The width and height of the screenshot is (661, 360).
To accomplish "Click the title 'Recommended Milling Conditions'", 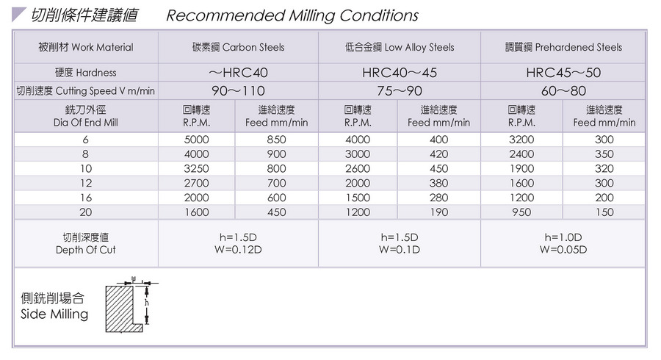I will click(292, 15).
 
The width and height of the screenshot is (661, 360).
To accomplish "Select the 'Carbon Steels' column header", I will click(238, 47).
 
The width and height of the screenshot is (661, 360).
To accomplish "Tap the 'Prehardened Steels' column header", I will click(563, 47).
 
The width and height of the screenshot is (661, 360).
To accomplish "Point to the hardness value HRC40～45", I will click(399, 73).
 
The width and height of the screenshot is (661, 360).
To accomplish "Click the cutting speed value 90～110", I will click(238, 91).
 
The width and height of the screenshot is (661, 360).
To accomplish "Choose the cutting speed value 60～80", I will click(563, 91).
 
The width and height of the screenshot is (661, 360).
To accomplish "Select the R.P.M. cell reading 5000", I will click(196, 140).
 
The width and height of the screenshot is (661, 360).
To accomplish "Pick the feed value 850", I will click(276, 140).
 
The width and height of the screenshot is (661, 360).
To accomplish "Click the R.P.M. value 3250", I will click(196, 168).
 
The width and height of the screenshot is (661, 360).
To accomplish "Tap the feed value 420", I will click(438, 154).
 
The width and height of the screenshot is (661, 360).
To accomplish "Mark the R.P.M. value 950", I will click(521, 212).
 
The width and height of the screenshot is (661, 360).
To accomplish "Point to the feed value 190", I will click(438, 212).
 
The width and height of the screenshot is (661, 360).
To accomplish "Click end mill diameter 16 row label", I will click(86, 198).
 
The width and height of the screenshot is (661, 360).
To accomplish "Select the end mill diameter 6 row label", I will click(86, 140).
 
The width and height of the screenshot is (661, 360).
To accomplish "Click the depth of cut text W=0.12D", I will click(238, 250).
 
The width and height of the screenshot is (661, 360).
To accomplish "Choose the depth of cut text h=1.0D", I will click(563, 237).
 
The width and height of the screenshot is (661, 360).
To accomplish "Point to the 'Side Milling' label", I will click(54, 314).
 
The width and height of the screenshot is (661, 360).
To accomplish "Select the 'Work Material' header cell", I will click(86, 47).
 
